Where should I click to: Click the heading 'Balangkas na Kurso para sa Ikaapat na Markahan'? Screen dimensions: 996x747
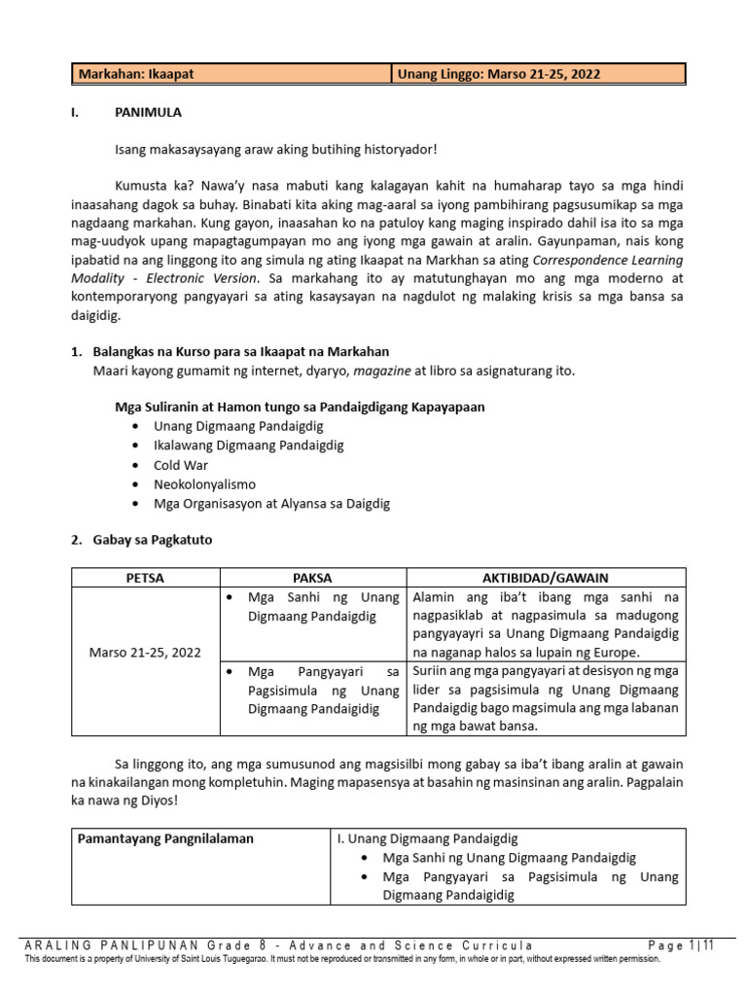[x=241, y=351]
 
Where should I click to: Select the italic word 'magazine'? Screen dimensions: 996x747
[x=381, y=370]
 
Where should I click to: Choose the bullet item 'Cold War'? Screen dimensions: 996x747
[x=181, y=465]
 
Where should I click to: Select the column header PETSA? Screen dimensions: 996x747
[x=146, y=578]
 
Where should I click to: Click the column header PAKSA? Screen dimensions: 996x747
[x=312, y=578]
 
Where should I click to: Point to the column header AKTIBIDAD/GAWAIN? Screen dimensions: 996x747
[x=545, y=578]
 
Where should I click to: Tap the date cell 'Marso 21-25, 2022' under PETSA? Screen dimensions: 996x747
[x=146, y=652]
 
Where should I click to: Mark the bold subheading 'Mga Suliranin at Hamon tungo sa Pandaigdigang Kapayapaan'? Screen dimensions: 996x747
[x=300, y=407]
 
